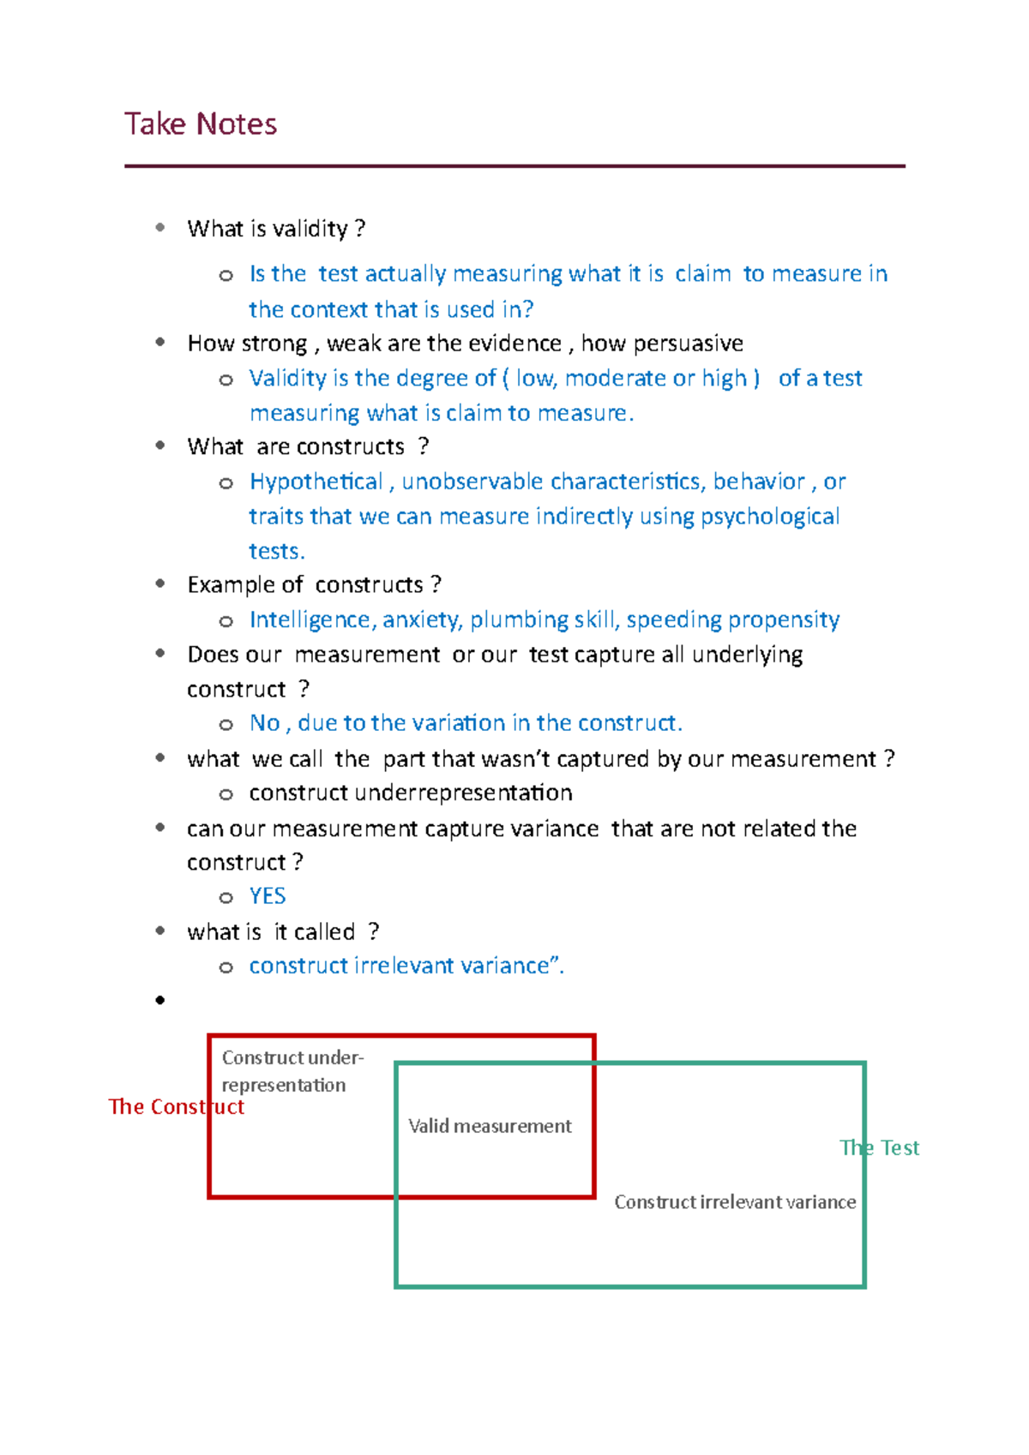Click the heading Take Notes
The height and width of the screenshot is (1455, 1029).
[x=201, y=124]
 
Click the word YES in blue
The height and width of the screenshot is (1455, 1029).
[x=268, y=896]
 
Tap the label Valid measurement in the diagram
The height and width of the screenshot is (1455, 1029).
[x=490, y=1126]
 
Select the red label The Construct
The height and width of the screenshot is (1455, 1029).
[x=176, y=1107]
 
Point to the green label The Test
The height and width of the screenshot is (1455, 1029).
[x=879, y=1148]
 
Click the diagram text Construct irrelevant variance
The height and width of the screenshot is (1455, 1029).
[x=735, y=1202]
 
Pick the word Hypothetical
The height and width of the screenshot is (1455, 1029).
[x=316, y=482]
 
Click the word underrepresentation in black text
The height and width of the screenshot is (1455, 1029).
[x=463, y=793]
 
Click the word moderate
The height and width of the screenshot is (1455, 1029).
[x=616, y=378]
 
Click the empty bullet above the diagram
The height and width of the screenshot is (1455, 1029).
[x=160, y=1000]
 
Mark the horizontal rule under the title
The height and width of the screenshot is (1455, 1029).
[x=514, y=166]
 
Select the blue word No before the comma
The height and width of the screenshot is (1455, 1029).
[x=264, y=723]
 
